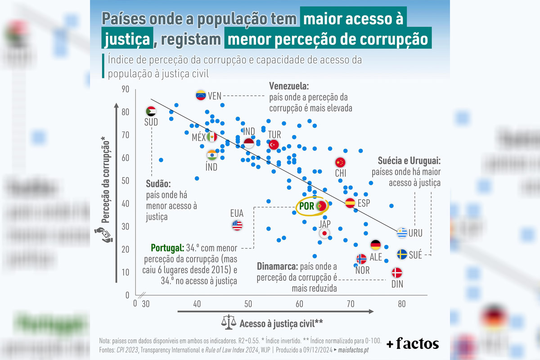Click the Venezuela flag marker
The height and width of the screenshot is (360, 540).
click(201, 95)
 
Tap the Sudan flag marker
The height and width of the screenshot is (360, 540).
click(151, 111)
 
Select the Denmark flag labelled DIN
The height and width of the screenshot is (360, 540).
click(396, 273)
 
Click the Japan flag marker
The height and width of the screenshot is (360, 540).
click(324, 233)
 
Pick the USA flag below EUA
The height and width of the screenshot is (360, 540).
click(237, 225)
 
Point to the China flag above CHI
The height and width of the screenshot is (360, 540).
click(340, 162)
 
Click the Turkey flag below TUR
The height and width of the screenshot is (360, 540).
click(274, 144)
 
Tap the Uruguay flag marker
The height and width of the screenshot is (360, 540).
click(402, 233)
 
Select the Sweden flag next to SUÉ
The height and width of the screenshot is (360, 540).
click(402, 254)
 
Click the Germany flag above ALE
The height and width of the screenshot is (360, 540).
click(376, 245)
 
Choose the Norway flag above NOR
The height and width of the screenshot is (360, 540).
click(361, 259)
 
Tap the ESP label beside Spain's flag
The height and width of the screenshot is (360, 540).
click(364, 203)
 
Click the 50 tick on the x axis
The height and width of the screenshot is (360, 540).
click(248, 304)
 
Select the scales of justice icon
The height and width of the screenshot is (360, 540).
click(229, 322)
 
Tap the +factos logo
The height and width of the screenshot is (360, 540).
click(412, 344)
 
